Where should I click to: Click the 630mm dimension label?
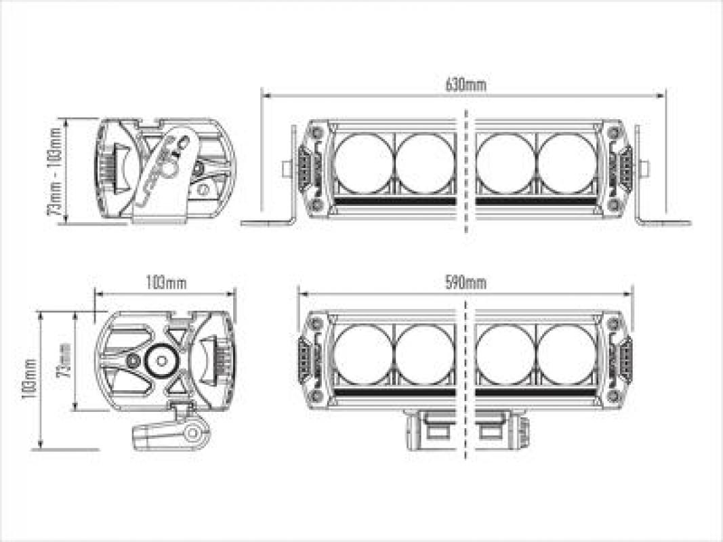pyautogui.click(x=466, y=85)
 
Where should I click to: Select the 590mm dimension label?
pyautogui.click(x=466, y=283)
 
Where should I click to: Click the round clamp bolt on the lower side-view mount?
pyautogui.click(x=194, y=432)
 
